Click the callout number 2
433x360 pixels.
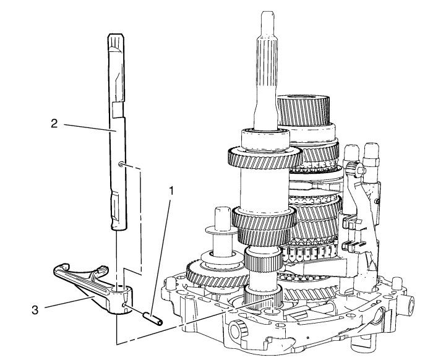[55, 123]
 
